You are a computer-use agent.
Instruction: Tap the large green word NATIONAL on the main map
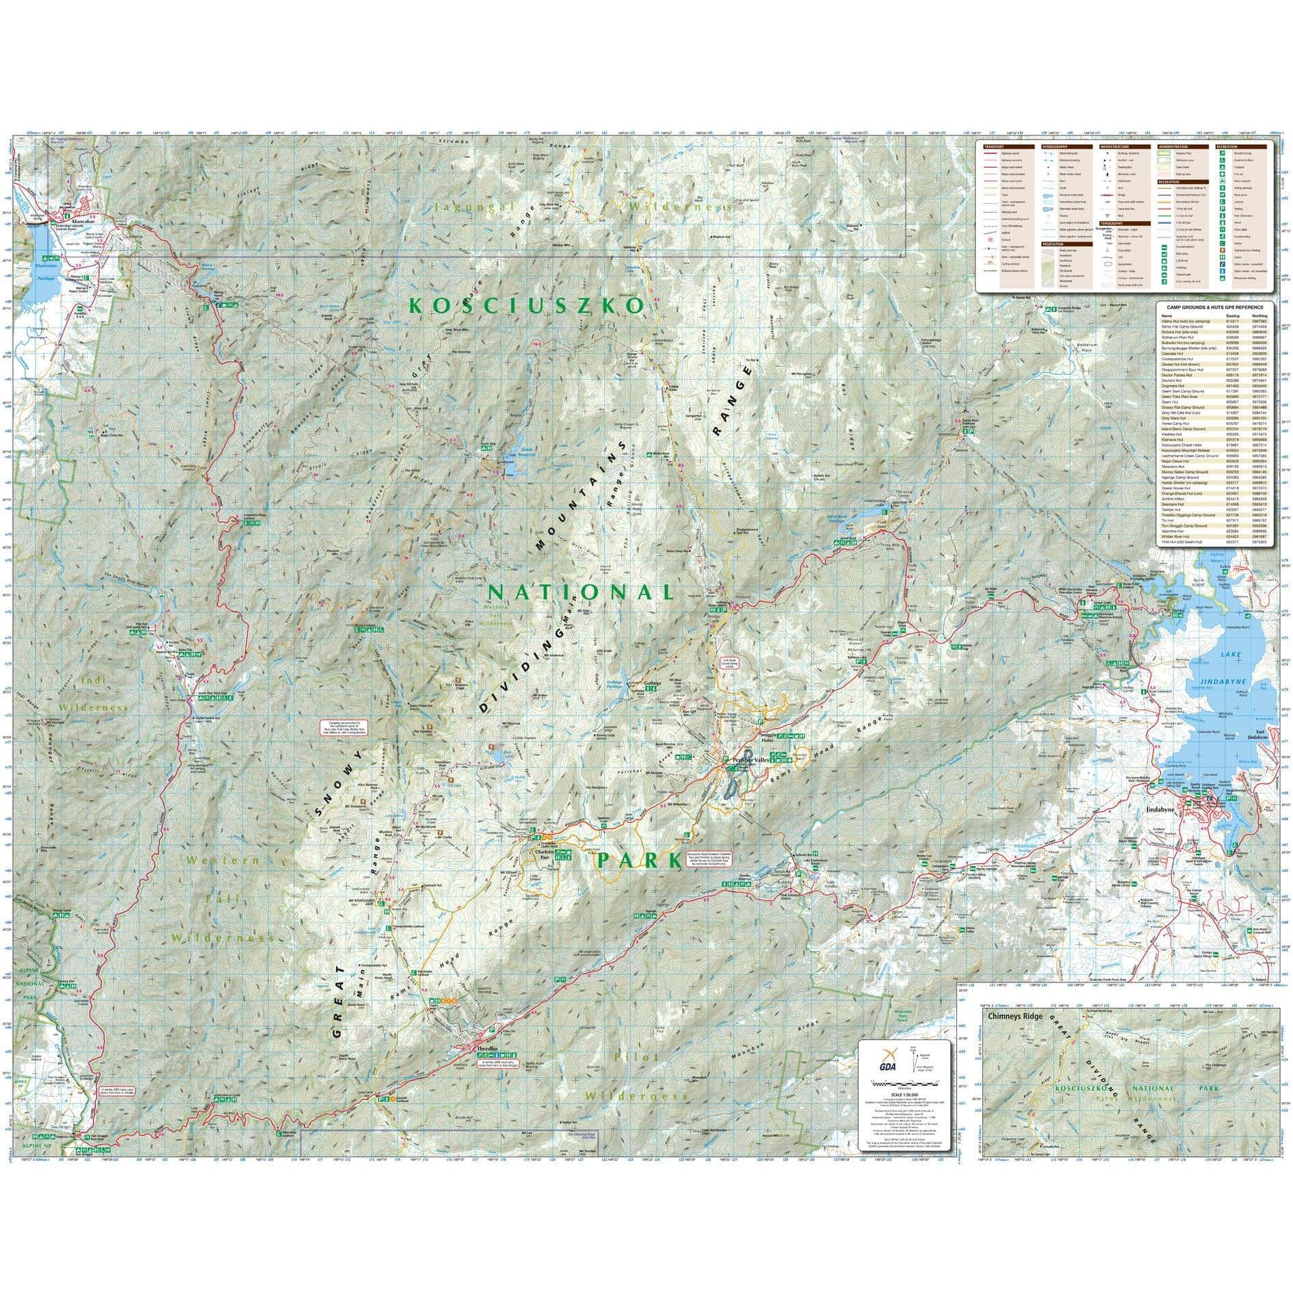[580, 592]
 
